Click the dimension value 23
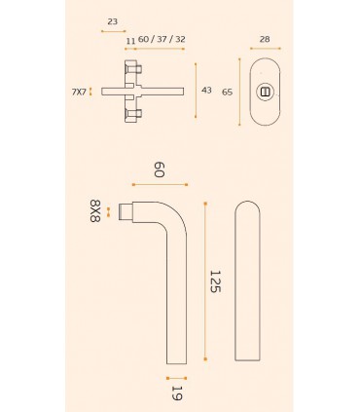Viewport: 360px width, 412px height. [x=112, y=21]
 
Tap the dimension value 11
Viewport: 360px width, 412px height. [x=130, y=41]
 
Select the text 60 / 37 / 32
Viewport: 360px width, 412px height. [x=162, y=39]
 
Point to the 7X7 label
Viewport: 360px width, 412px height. [x=79, y=92]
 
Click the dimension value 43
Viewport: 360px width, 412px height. [x=206, y=90]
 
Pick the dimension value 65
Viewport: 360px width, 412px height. [x=227, y=93]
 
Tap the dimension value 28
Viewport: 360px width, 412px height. [x=265, y=39]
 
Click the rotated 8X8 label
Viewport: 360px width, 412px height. [x=95, y=211]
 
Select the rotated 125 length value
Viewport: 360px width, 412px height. [x=215, y=281]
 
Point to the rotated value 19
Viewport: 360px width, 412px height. [x=177, y=393]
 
